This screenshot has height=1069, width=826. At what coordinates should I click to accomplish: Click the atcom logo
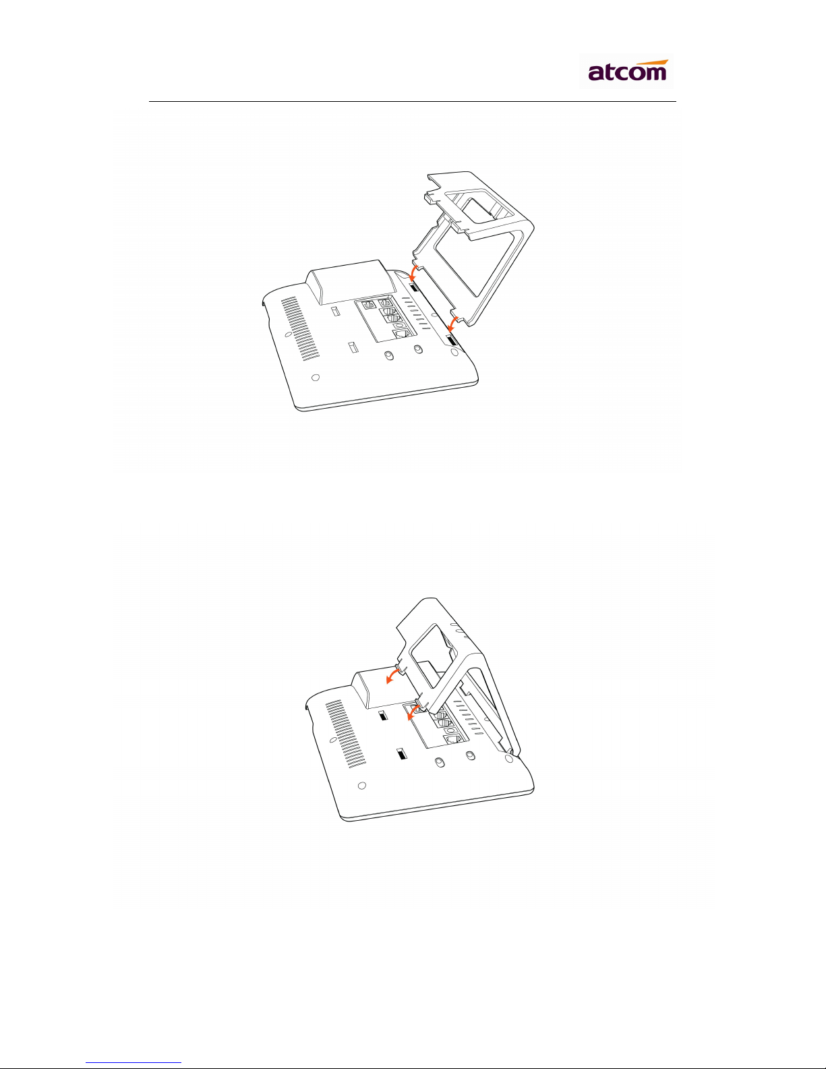pyautogui.click(x=627, y=71)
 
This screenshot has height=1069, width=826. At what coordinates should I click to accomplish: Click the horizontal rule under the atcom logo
pyautogui.click(x=413, y=102)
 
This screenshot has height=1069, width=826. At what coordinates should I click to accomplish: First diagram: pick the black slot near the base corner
pyautogui.click(x=451, y=340)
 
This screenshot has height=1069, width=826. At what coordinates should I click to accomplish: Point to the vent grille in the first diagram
pyautogui.click(x=299, y=328)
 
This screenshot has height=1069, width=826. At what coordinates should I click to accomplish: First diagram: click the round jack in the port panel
pyautogui.click(x=399, y=325)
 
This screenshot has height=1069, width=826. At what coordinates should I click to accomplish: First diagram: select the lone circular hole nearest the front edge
pyautogui.click(x=316, y=377)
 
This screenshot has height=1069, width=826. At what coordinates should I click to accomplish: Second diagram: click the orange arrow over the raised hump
pyautogui.click(x=395, y=675)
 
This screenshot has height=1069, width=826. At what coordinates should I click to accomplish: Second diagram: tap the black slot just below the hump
pyautogui.click(x=384, y=716)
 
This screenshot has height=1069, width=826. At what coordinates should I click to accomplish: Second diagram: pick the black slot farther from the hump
pyautogui.click(x=402, y=755)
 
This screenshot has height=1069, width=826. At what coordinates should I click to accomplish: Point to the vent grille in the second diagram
pyautogui.click(x=346, y=734)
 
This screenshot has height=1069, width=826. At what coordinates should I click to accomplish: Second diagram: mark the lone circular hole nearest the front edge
pyautogui.click(x=362, y=786)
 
